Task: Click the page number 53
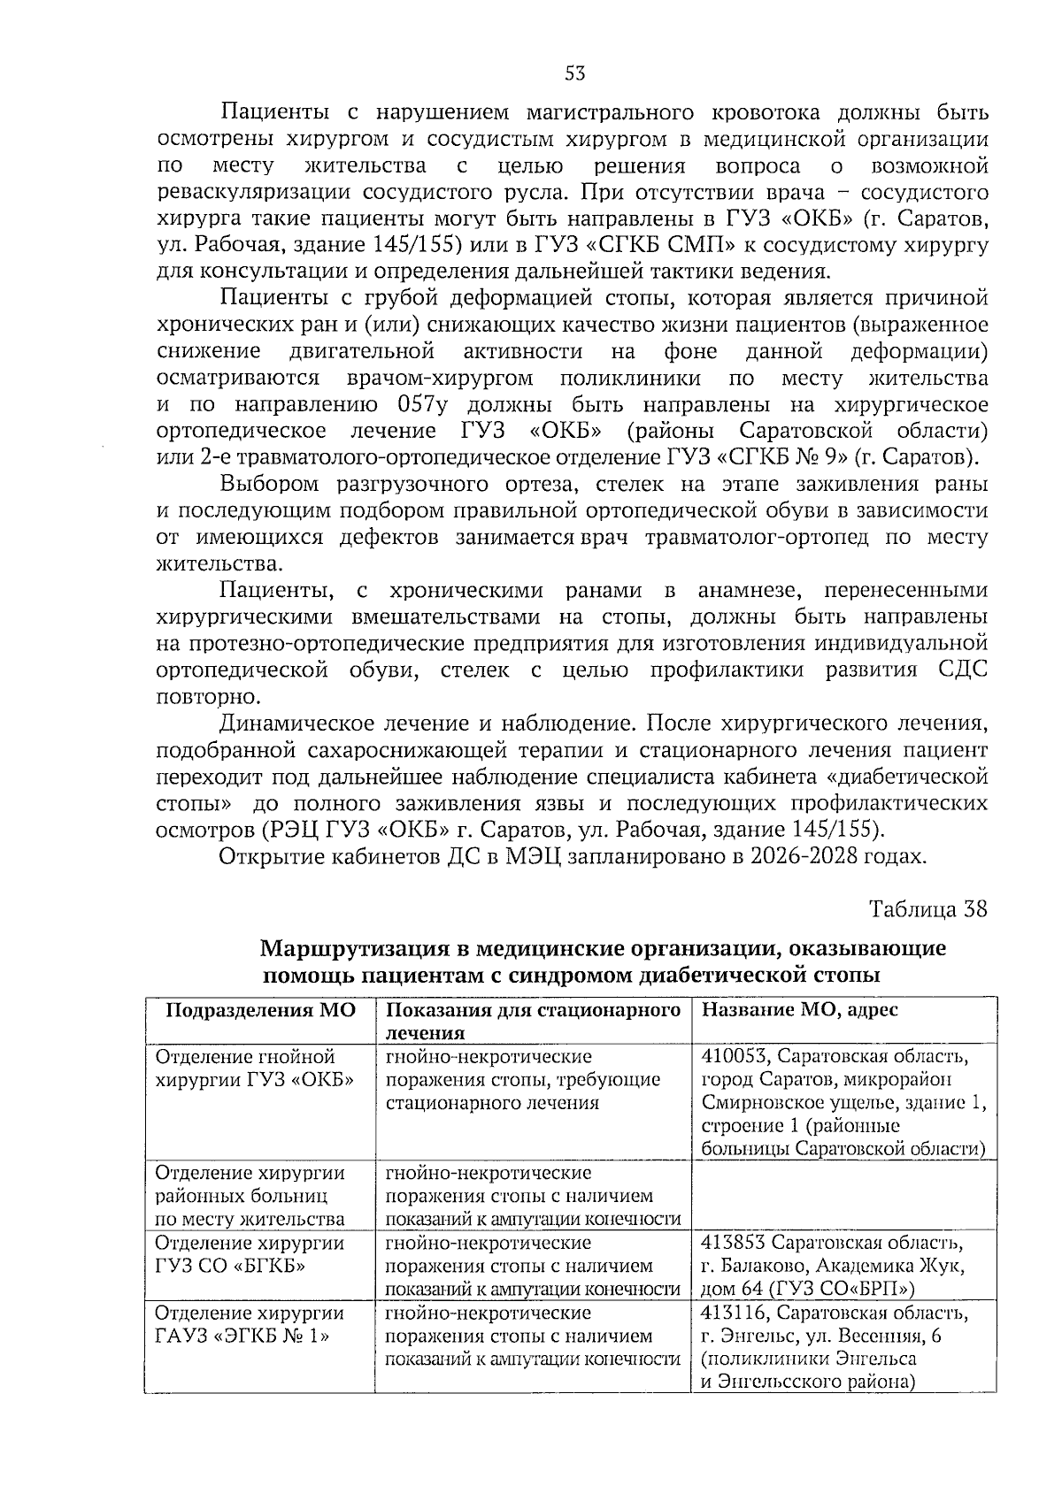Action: click(x=574, y=73)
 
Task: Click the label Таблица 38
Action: click(x=928, y=909)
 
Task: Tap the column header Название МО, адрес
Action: click(x=799, y=1010)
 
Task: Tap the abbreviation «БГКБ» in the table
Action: click(x=265, y=1266)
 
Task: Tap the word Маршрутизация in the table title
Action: click(x=355, y=949)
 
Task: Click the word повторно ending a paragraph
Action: click(x=196, y=696)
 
